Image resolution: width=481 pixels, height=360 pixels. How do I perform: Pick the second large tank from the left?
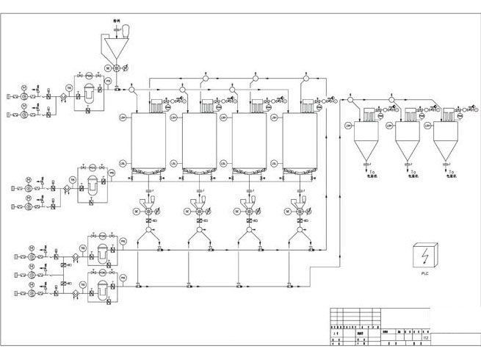click(x=198, y=140)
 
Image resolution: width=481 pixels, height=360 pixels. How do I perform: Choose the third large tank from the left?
click(x=249, y=140)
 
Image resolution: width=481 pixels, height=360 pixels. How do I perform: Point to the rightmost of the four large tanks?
click(x=300, y=140)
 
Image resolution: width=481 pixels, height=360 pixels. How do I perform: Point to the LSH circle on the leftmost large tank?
click(x=123, y=117)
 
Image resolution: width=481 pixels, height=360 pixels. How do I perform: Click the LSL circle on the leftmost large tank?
click(x=123, y=162)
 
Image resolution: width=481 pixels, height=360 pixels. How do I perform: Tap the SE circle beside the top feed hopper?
click(x=107, y=68)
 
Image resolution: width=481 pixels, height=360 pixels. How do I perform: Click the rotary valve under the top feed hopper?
click(x=116, y=68)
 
